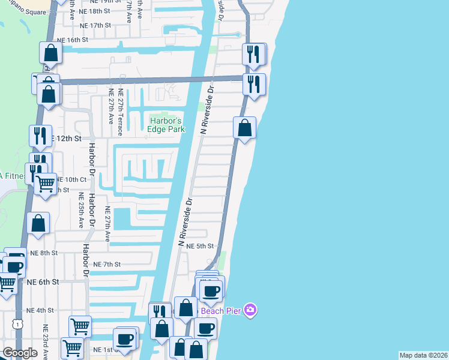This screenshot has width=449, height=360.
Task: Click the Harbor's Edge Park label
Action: pos(167,124)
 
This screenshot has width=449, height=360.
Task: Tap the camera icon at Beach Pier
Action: pos(251,310)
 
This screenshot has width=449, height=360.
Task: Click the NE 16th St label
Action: pos(73,40)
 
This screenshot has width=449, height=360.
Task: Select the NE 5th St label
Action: pos(200,246)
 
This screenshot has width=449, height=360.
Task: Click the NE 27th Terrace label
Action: pos(121,107)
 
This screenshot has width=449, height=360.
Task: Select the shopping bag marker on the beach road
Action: pos(245,128)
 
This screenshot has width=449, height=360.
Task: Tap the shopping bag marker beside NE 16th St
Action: pos(51,53)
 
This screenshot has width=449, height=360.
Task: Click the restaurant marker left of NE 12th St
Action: pos(40,135)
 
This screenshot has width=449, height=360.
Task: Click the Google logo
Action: pos(20,353)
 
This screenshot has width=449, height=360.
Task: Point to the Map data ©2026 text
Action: pos(424,355)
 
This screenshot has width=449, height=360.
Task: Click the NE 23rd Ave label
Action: pos(45,339)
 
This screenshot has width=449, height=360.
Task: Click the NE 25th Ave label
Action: pos(80,210)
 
